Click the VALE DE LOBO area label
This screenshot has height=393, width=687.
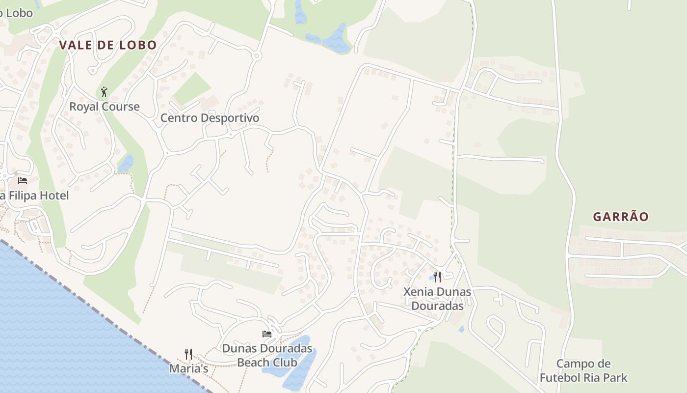click(108, 45)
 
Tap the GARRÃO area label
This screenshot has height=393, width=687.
click(621, 217)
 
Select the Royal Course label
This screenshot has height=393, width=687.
click(104, 107)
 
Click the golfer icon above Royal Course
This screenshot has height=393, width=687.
click(104, 92)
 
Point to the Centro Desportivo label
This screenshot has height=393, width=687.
click(210, 118)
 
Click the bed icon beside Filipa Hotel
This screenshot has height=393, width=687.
click(23, 180)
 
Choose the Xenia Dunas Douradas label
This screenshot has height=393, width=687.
click(437, 299)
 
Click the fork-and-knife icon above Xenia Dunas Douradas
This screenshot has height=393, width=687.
click(437, 277)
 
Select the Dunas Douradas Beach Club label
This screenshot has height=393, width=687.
click(267, 355)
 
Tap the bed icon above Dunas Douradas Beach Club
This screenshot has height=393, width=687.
click(267, 334)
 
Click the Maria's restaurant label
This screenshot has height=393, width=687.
click(189, 368)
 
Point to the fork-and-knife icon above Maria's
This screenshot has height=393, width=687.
click(188, 354)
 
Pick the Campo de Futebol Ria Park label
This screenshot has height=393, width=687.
click(583, 371)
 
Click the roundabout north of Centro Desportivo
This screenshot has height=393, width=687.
click(256, 56)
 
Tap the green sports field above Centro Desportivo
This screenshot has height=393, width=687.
click(192, 89)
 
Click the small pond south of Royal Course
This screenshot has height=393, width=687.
click(126, 164)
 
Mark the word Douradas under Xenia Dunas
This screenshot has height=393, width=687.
click(437, 306)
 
